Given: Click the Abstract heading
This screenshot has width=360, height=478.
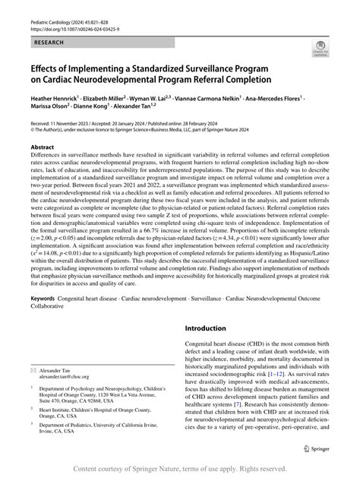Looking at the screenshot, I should click(42, 168).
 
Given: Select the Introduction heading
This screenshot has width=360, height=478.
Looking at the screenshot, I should click(211, 329).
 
